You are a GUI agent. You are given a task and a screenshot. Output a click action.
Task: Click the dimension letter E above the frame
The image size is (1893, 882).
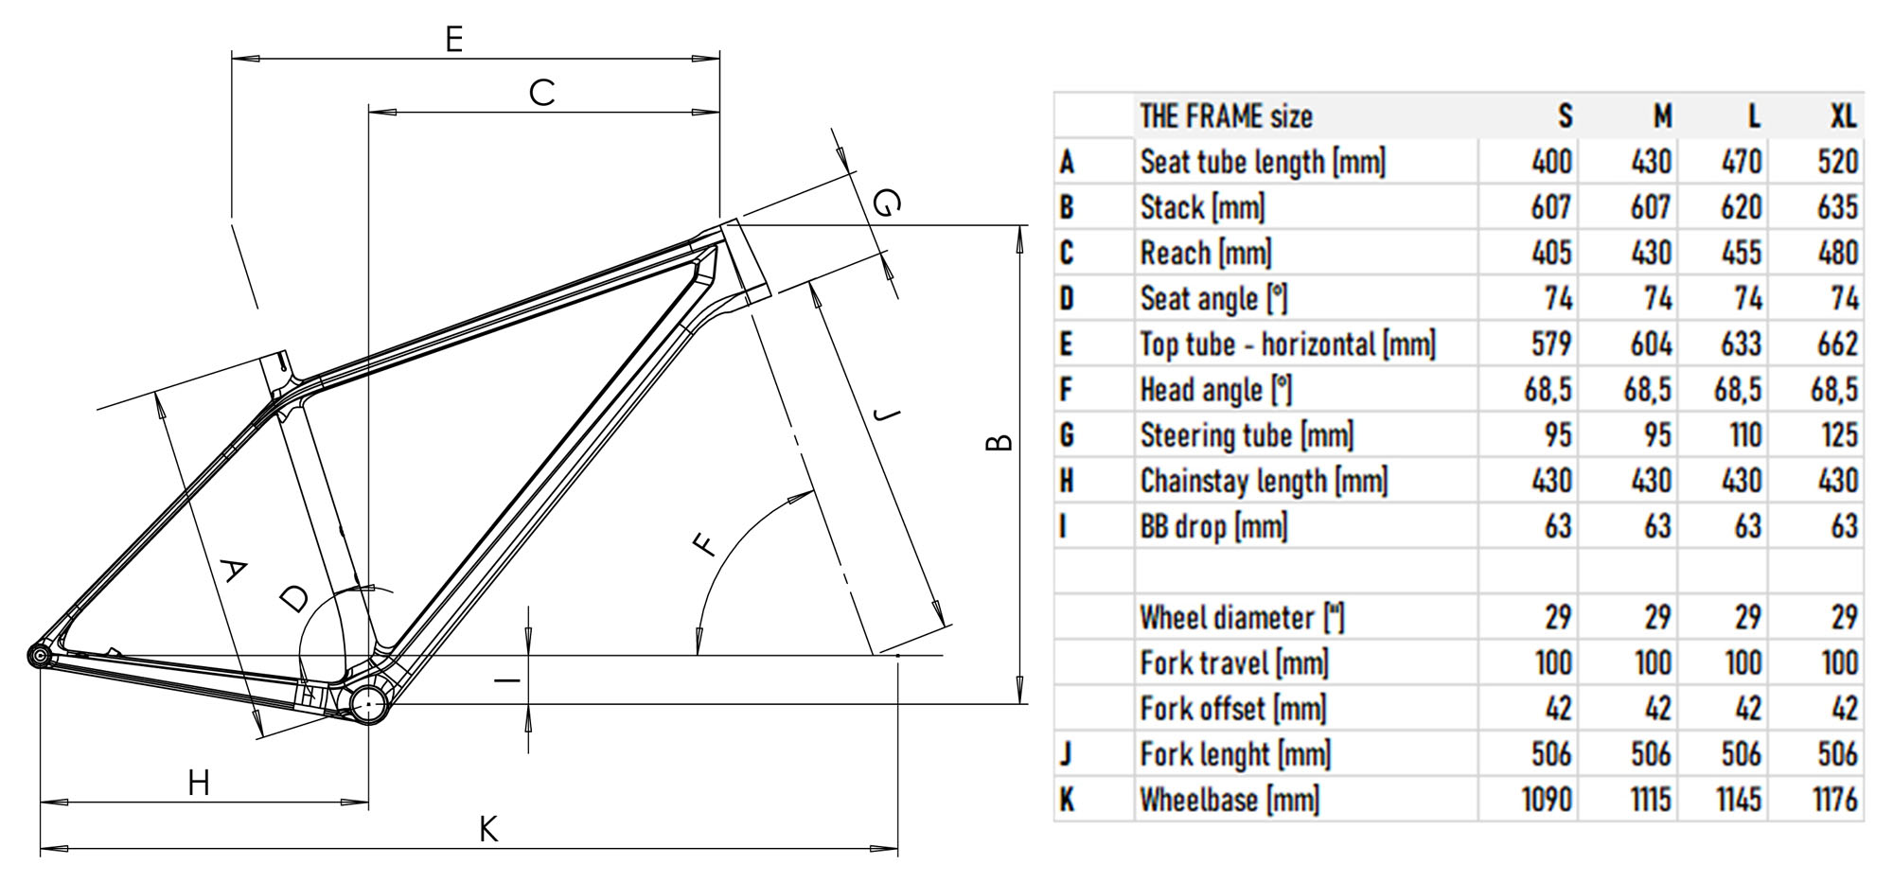click(x=454, y=40)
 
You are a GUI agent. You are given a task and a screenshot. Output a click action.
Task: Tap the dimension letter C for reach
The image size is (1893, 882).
click(x=541, y=93)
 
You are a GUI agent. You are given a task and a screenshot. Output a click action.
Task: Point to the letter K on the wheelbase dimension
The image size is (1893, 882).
click(x=487, y=830)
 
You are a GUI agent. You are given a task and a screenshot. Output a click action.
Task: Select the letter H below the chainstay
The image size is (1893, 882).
click(x=199, y=784)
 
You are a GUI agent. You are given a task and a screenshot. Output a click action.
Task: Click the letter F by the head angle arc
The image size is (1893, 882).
click(x=704, y=546)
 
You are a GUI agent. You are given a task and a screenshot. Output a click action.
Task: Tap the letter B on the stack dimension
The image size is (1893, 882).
click(x=999, y=442)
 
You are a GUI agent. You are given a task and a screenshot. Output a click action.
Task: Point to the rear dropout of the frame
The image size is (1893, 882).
click(x=39, y=656)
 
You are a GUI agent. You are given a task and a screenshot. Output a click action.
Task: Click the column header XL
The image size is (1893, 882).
click(x=1842, y=116)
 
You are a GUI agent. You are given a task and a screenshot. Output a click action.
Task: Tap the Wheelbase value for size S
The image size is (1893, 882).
click(x=1547, y=800)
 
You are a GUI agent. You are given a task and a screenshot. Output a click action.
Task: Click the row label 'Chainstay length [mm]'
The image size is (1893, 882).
click(x=1264, y=481)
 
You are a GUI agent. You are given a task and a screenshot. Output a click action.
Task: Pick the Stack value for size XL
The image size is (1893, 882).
click(x=1837, y=207)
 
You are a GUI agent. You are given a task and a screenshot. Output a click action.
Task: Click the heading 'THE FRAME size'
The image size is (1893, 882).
click(x=1226, y=116)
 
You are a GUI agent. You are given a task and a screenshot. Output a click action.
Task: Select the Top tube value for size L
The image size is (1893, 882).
click(x=1742, y=344)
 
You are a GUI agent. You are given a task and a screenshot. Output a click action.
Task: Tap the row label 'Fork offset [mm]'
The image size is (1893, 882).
click(x=1232, y=709)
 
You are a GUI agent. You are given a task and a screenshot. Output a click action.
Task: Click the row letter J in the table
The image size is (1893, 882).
click(x=1067, y=754)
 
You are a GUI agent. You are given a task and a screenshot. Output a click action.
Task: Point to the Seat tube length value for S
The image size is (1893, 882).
click(x=1551, y=162)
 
